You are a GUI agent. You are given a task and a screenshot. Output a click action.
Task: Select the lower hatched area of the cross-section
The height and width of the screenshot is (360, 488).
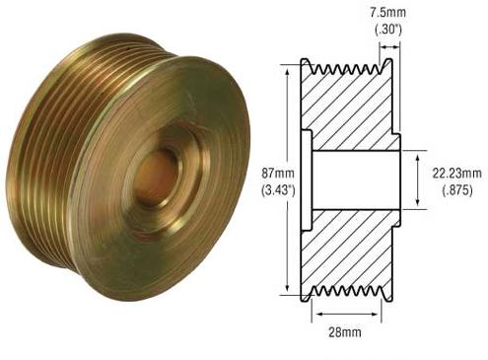(x=350, y=252)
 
